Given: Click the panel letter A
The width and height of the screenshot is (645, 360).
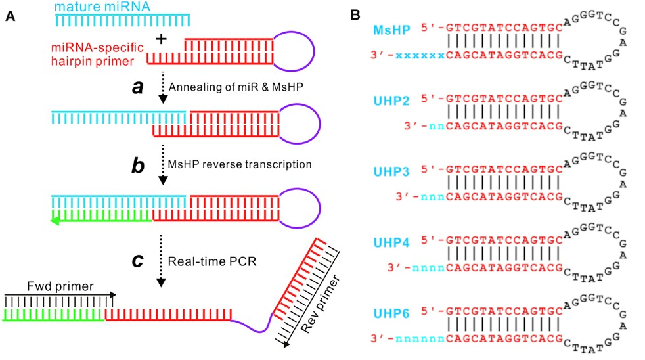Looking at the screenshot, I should pyautogui.click(x=9, y=18).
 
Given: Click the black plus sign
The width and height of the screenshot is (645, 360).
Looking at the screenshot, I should pyautogui.click(x=159, y=40).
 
